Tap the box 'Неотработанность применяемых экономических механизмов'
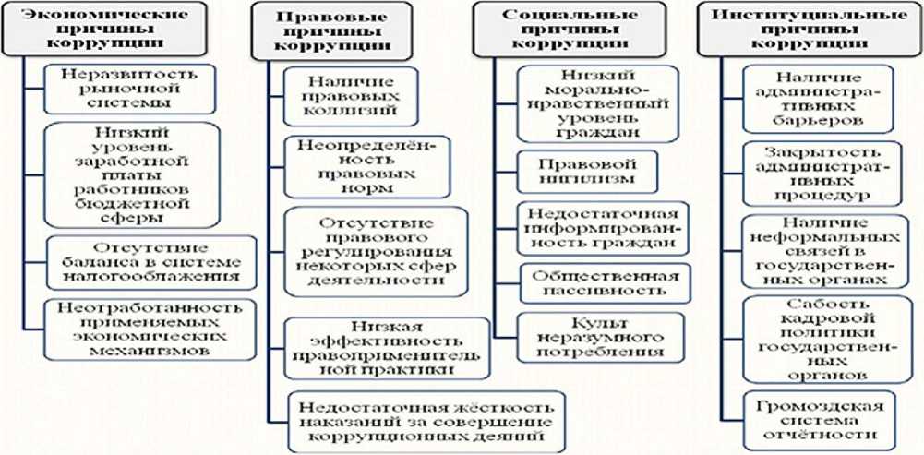point(137,329)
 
